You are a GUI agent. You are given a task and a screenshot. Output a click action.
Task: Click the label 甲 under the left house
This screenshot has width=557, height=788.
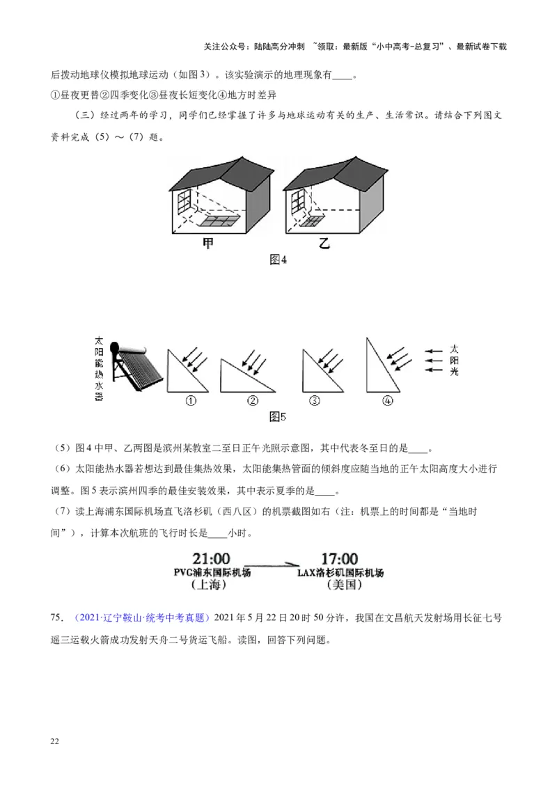pyautogui.click(x=208, y=244)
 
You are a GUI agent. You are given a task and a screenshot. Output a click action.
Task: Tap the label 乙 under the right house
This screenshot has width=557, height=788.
pyautogui.click(x=323, y=244)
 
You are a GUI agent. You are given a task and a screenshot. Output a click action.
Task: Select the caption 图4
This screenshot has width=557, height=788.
pyautogui.click(x=278, y=260)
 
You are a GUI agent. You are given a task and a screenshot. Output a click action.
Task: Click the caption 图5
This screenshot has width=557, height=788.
pyautogui.click(x=278, y=417)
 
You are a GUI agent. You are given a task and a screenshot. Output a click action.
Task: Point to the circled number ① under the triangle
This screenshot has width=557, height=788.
pyautogui.click(x=189, y=400)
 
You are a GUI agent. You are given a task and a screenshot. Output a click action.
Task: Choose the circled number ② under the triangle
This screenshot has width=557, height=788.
pyautogui.click(x=252, y=400)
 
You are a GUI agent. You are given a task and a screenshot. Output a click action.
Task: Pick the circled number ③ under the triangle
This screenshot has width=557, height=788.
pyautogui.click(x=315, y=400)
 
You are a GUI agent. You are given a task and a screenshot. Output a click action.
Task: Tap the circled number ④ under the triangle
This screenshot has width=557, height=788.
pyautogui.click(x=388, y=400)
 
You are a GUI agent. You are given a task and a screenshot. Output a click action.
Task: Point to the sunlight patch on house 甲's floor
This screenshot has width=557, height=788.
pyautogui.click(x=219, y=221)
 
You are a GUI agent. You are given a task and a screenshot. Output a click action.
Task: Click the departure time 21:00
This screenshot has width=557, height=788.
pyautogui.click(x=211, y=559)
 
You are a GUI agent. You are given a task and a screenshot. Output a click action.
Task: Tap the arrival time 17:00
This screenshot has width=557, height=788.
pyautogui.click(x=339, y=559)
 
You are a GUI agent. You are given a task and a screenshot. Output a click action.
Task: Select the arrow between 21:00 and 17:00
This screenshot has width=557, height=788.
pyautogui.click(x=272, y=563)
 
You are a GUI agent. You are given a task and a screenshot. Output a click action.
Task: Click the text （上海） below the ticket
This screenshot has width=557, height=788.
pyautogui.click(x=209, y=585)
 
